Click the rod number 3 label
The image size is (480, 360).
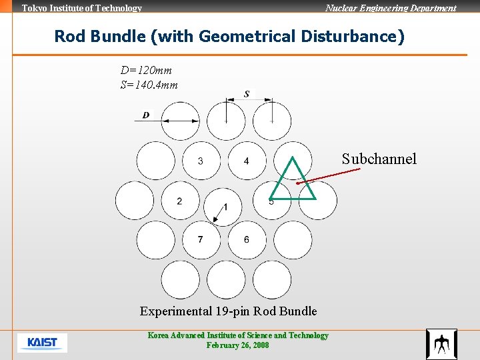[x=201, y=161]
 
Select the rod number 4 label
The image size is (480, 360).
[x=247, y=161]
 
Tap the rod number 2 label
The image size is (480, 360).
[x=179, y=201]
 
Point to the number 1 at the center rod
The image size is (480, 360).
[x=225, y=207]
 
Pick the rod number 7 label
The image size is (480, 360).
[x=201, y=239]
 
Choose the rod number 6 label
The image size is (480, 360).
[x=247, y=239]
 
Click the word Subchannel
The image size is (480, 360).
[x=379, y=159]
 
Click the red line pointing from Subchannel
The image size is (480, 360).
[x=327, y=175]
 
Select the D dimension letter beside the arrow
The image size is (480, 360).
[x=146, y=115]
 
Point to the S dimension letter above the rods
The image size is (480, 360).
[x=247, y=94]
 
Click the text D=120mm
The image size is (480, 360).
[x=147, y=71]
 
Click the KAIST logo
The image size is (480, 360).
[x=42, y=343]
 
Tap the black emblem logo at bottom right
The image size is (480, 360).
[x=441, y=344]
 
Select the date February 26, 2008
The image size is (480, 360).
[x=238, y=345]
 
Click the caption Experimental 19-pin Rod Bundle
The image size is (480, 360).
[x=228, y=311]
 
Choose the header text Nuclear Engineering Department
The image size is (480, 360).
[x=391, y=8]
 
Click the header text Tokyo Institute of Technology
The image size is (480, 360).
[x=82, y=8]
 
